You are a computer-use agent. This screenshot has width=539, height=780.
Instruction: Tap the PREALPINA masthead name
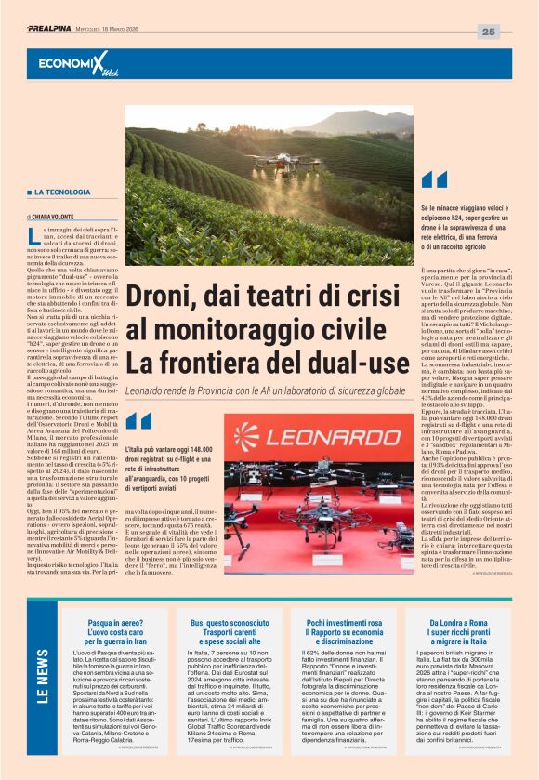pyautogui.click(x=55, y=29)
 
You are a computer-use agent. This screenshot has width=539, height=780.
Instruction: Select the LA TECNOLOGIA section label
pyautogui.click(x=63, y=192)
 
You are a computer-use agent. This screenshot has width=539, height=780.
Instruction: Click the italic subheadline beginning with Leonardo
pyautogui.click(x=266, y=393)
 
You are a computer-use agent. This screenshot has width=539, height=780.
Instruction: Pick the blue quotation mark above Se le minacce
pyautogui.click(x=434, y=179)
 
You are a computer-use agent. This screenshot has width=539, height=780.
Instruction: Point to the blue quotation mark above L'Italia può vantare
pyautogui.click(x=138, y=420)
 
